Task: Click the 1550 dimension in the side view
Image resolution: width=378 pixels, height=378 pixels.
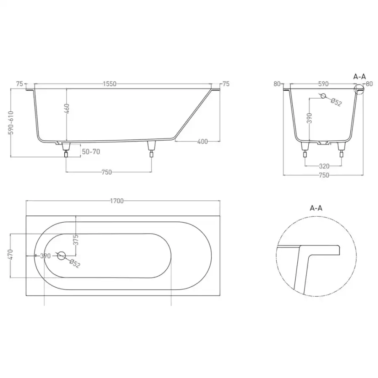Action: point(110,84)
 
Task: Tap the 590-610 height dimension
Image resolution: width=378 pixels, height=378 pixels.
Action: point(11,123)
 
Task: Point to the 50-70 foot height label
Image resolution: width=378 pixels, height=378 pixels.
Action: point(91,152)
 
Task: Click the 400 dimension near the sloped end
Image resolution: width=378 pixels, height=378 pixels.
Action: point(202,142)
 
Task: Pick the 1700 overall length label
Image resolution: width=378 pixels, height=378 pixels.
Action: point(117,201)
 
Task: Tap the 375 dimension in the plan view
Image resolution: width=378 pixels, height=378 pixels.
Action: point(76,240)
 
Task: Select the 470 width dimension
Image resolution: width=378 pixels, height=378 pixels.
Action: point(11,255)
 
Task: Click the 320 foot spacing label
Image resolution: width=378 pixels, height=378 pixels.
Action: point(324,166)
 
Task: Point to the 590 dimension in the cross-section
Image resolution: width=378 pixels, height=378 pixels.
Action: point(323,84)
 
